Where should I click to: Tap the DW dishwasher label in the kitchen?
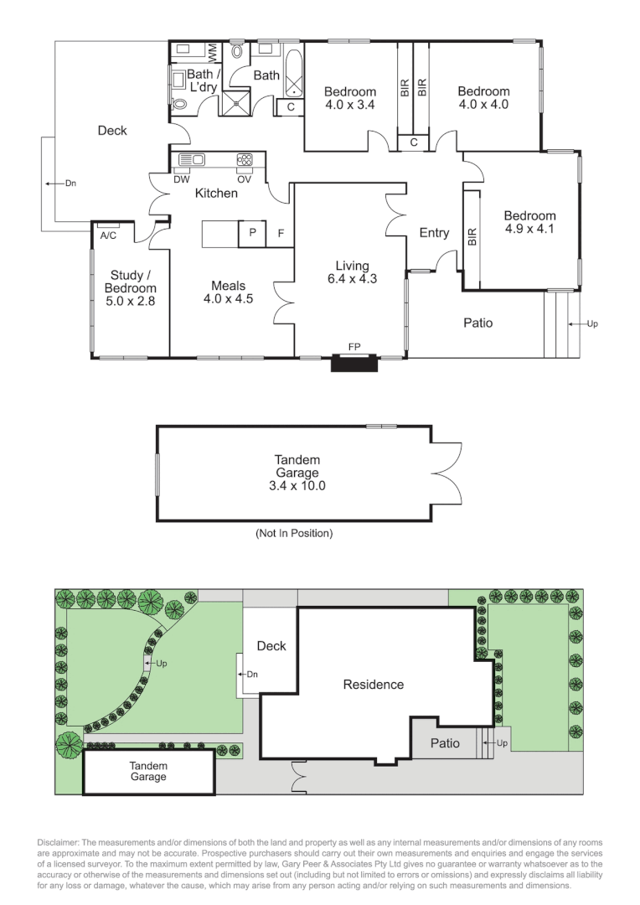181,178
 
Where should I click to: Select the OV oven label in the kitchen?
244,178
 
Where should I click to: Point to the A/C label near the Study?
108,235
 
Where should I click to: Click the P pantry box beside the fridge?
251,234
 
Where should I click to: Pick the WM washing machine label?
213,50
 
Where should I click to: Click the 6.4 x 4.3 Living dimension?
352,279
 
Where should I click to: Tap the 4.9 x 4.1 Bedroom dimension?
529,228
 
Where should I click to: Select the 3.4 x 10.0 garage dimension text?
297,485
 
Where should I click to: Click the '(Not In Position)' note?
294,533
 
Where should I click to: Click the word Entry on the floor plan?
434,233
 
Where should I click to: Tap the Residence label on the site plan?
373,685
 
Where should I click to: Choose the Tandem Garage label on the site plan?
148,771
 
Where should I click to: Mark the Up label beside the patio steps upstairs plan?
591,323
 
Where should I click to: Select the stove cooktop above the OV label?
245,158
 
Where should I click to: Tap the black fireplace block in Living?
352,363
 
